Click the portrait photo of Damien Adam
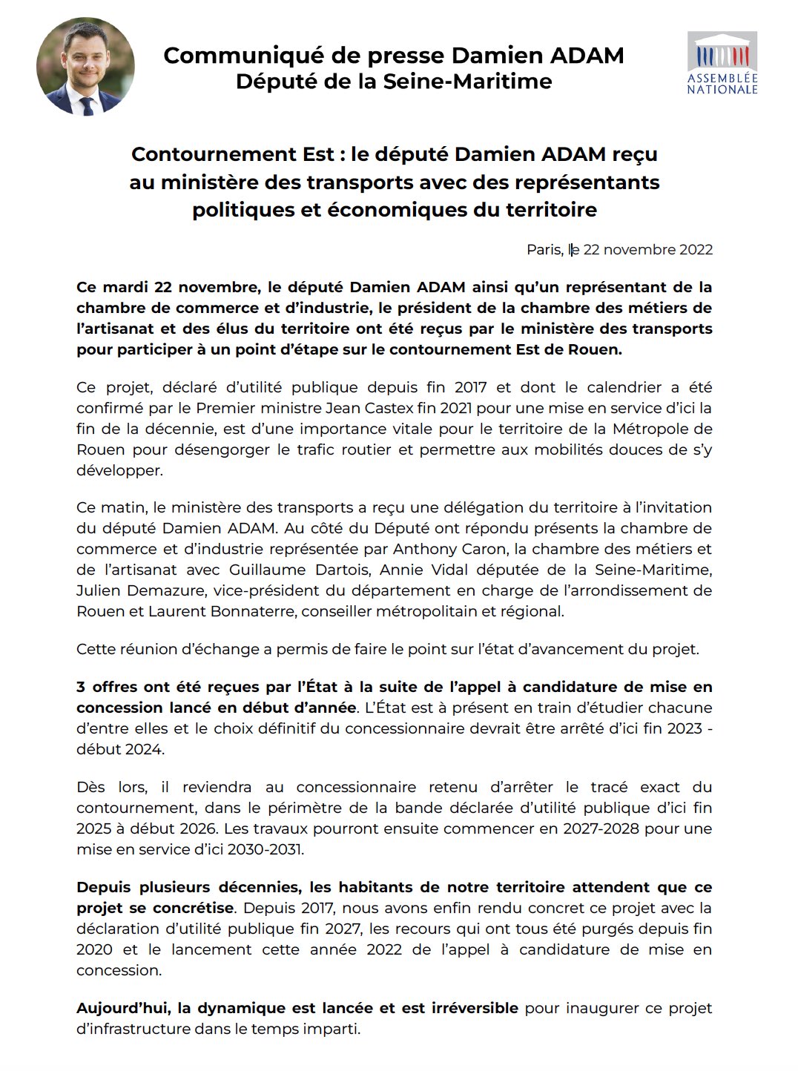click(x=85, y=67)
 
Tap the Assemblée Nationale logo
click(x=722, y=63)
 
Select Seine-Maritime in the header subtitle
click(x=467, y=81)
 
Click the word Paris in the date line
click(x=544, y=250)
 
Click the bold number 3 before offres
click(x=81, y=687)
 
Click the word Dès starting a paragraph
click(x=90, y=787)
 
